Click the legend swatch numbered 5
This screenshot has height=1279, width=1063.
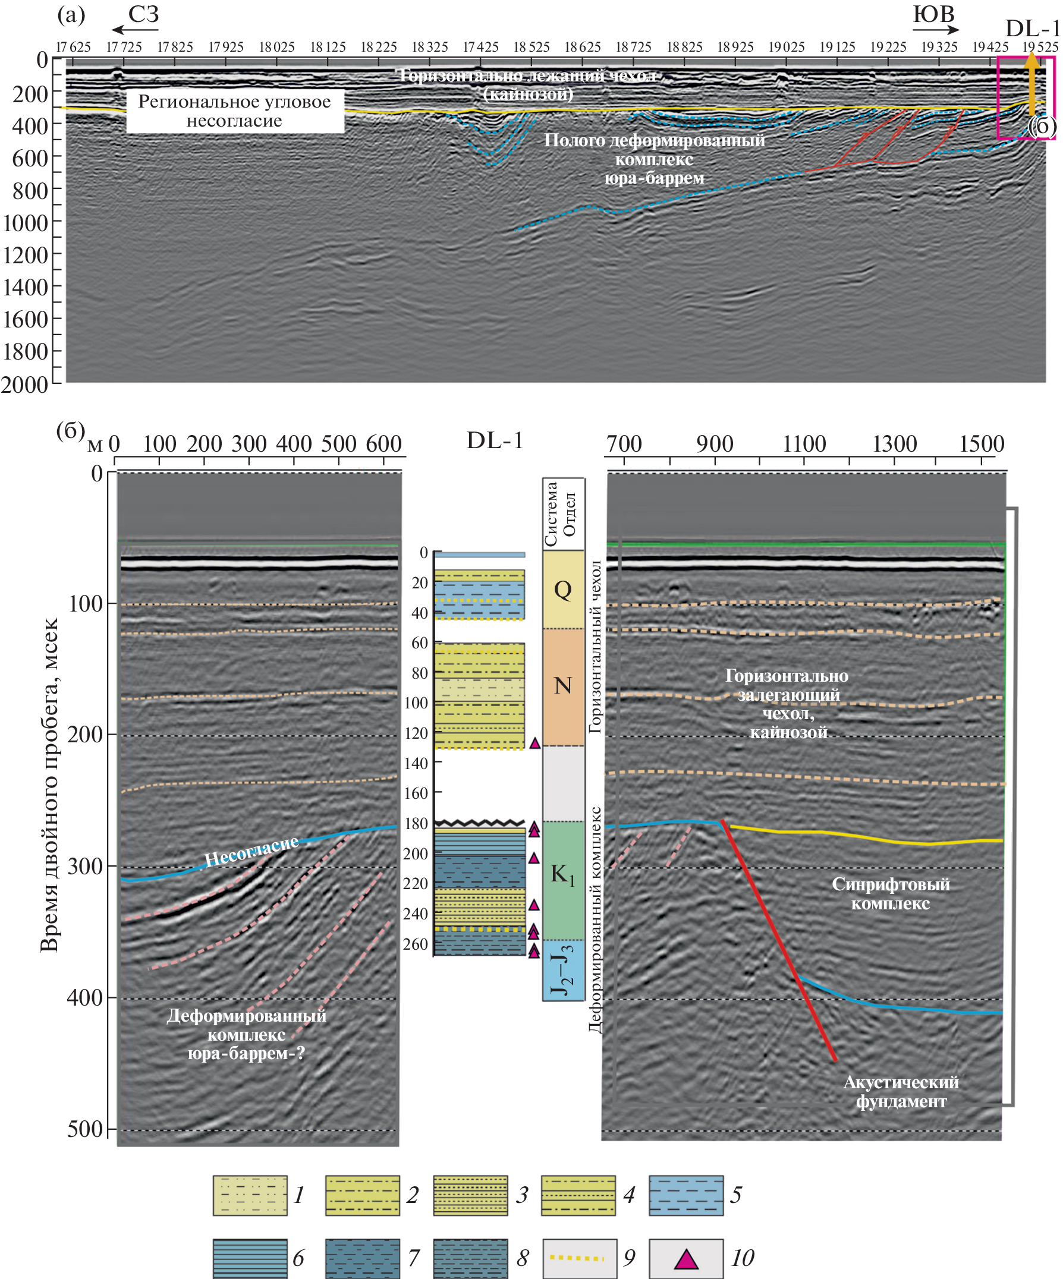pos(686,1196)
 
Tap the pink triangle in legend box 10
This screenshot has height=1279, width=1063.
pos(686,1259)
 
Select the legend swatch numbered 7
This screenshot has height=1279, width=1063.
pos(363,1259)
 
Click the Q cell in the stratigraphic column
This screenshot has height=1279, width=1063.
pos(563,590)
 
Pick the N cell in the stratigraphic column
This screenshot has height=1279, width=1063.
pos(563,686)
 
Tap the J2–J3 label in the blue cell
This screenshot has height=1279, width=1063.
pos(562,970)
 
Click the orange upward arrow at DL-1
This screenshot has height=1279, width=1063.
pos(1031,85)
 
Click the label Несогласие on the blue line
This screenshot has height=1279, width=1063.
pos(251,851)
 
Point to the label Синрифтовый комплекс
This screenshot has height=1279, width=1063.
pos(891,894)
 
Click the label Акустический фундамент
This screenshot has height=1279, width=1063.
pos(901,1092)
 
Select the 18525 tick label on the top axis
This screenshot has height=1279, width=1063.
pos(531,48)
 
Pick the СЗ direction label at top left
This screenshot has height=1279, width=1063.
pos(144,15)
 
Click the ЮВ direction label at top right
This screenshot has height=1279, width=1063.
pos(933,15)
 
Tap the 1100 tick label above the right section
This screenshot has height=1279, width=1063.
pos(804,444)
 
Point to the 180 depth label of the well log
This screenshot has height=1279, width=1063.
pos(416,823)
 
